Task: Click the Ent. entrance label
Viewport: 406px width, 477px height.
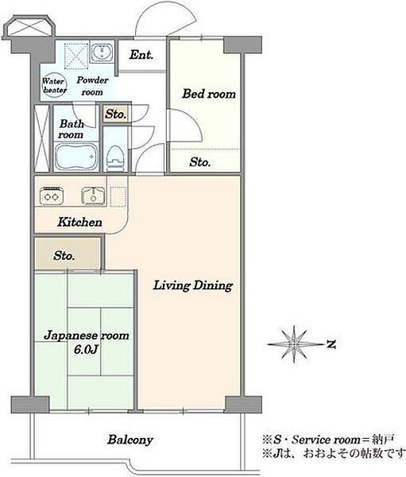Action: coord(141,55)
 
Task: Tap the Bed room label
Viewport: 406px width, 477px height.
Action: coord(209,94)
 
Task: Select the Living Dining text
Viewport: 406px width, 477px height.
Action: coord(193,285)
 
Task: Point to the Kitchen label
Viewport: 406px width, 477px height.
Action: coord(79,222)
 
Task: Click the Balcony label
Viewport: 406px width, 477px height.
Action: coord(130,440)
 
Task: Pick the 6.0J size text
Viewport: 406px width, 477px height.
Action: coord(86,350)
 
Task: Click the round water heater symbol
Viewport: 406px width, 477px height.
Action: coord(55,86)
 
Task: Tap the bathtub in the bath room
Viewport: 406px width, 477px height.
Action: coord(76,157)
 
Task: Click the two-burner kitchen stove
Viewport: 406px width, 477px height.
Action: coord(52,196)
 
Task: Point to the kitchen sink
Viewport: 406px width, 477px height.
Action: coord(94,196)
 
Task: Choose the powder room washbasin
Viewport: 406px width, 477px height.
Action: coord(102,52)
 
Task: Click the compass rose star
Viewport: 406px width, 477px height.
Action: coord(294,344)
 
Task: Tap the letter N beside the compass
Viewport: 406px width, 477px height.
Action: coord(331,344)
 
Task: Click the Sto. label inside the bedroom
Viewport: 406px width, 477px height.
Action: coord(199,162)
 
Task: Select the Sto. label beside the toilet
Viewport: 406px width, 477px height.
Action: coord(115,114)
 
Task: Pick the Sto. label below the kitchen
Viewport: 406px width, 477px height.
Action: coord(64,255)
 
